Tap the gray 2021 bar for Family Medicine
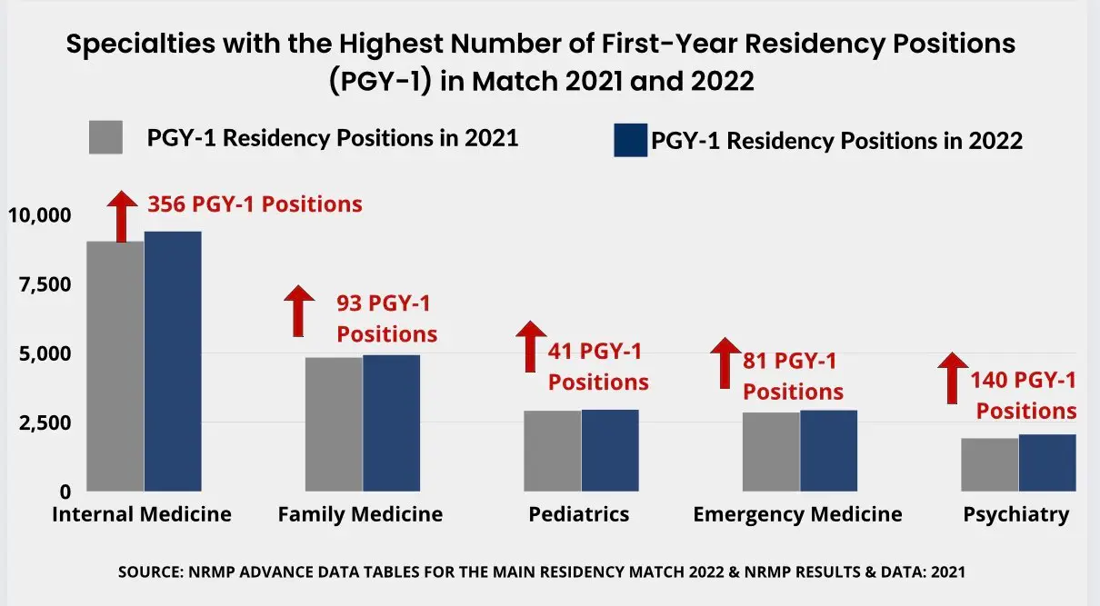pyautogui.click(x=334, y=423)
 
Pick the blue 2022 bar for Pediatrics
pyautogui.click(x=610, y=450)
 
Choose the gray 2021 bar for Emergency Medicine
pyautogui.click(x=771, y=451)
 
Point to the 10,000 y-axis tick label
pyautogui.click(x=38, y=215)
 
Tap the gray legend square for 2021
pyautogui.click(x=105, y=138)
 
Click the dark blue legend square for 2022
pyautogui.click(x=630, y=140)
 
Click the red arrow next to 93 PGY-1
pyautogui.click(x=298, y=311)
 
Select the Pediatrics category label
pyautogui.click(x=579, y=514)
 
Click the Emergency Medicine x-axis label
pyautogui.click(x=797, y=514)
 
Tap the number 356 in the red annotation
pyautogui.click(x=167, y=204)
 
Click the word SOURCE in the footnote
pyautogui.click(x=151, y=573)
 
